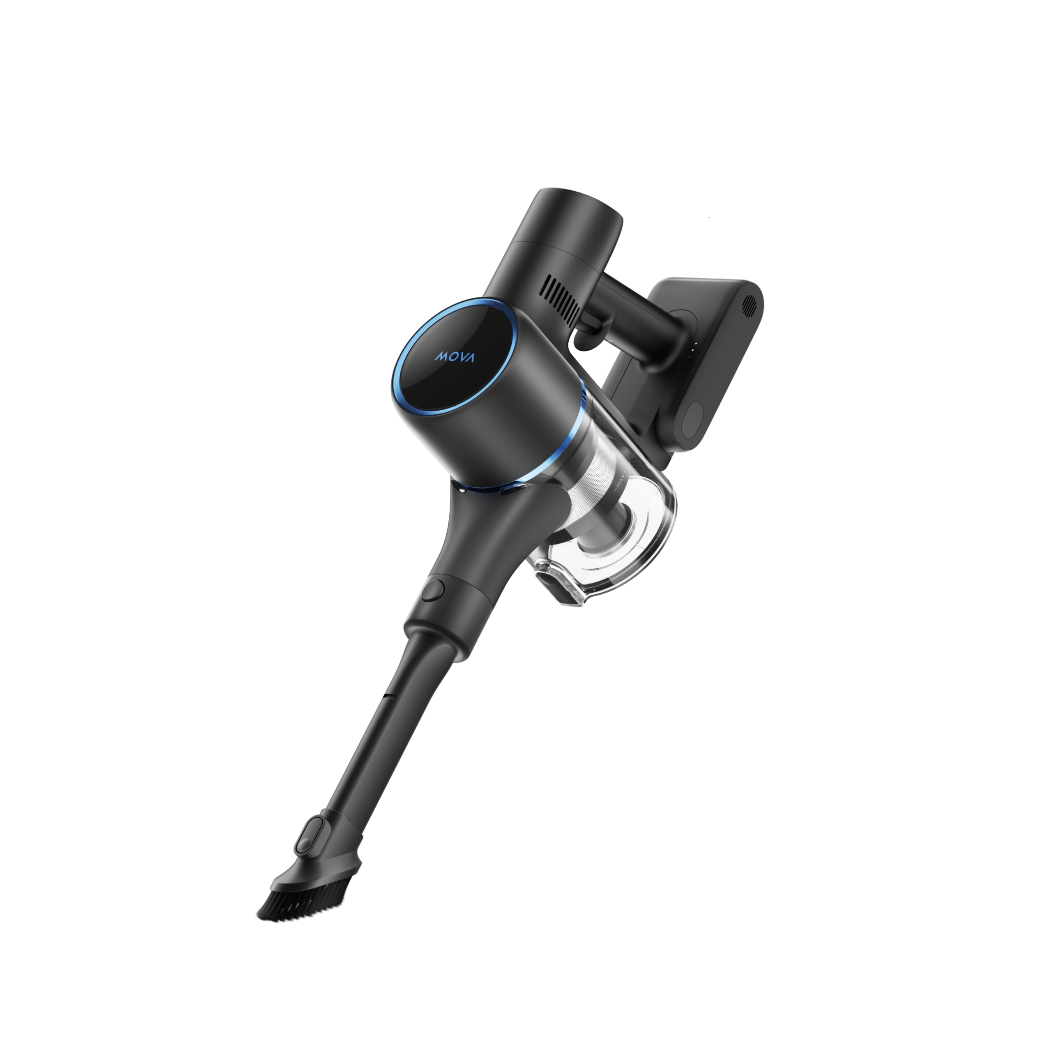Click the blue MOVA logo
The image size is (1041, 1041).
455,357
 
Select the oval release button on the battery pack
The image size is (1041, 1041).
692,421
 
